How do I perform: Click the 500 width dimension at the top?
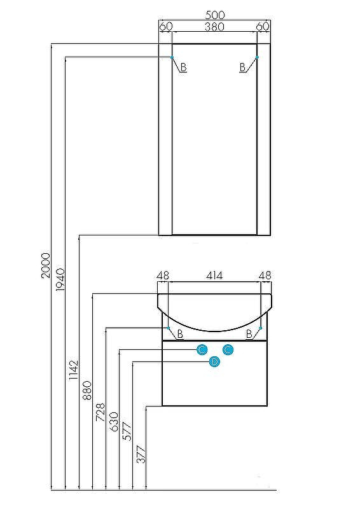click(215, 15)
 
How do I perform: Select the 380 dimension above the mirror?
click(214, 26)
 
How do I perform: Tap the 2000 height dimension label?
click(46, 265)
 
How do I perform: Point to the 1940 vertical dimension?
click(60, 279)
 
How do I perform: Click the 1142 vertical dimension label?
click(74, 370)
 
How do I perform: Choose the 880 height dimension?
click(87, 390)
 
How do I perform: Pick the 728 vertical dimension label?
click(100, 412)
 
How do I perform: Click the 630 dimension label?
click(114, 422)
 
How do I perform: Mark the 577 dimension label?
click(127, 431)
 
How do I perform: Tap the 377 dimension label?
click(141, 454)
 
